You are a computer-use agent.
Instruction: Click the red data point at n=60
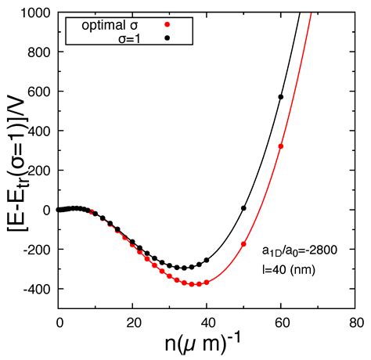coord(281,146)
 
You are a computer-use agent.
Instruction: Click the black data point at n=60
coord(281,97)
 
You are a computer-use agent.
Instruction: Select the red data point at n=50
coord(244,244)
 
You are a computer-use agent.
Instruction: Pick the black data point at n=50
coord(244,208)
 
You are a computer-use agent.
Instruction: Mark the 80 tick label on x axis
coord(355,322)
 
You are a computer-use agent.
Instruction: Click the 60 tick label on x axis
coord(281,322)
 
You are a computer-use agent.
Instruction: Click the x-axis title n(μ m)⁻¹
coord(207,344)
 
